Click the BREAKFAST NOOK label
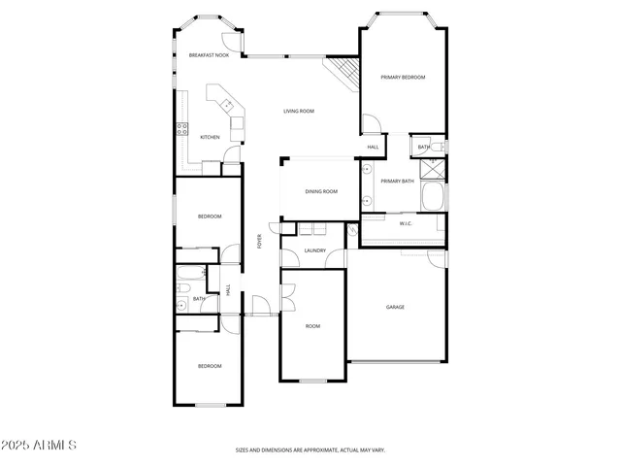(209, 55)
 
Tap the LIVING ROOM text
(299, 111)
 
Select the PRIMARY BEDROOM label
(403, 77)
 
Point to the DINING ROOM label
(321, 191)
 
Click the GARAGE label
(395, 307)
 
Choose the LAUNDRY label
(314, 250)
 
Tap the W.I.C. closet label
(406, 223)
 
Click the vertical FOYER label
(259, 242)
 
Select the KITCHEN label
(210, 137)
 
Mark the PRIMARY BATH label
(397, 181)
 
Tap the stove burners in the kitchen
(181, 129)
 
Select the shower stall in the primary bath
(434, 166)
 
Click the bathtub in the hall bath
(191, 273)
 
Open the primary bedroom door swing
(370, 124)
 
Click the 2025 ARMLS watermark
(39, 445)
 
